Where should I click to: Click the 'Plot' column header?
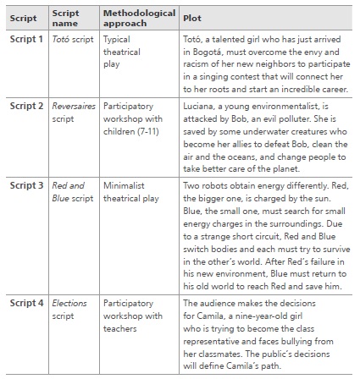(191, 17)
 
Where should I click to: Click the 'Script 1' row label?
(26, 39)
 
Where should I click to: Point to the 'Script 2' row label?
(26, 107)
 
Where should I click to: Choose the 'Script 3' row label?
(26, 184)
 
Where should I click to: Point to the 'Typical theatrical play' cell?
(121, 51)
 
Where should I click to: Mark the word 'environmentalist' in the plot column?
(281, 107)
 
